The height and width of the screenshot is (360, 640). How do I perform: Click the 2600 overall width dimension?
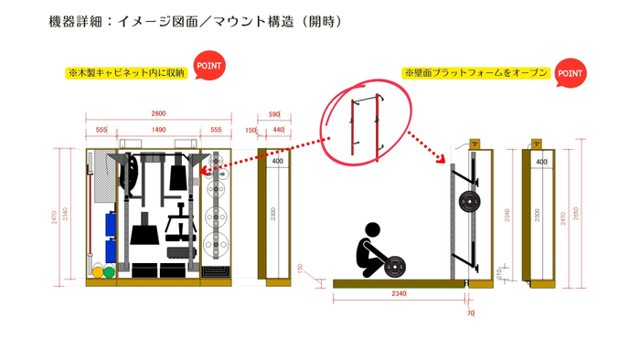point(158,113)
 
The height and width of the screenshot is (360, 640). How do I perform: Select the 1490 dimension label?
point(158,131)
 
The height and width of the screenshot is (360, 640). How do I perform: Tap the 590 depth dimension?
point(273,113)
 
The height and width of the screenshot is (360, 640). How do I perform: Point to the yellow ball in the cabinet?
point(96,271)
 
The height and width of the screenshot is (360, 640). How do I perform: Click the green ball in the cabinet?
point(109,271)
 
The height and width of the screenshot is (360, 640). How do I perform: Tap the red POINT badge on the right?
point(571,72)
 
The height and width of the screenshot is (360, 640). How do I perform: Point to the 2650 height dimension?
point(575,214)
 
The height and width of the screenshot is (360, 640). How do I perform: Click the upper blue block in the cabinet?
point(110,222)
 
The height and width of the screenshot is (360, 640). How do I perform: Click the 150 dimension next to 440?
point(251,131)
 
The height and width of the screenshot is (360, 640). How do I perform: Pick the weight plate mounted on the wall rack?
point(471,202)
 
